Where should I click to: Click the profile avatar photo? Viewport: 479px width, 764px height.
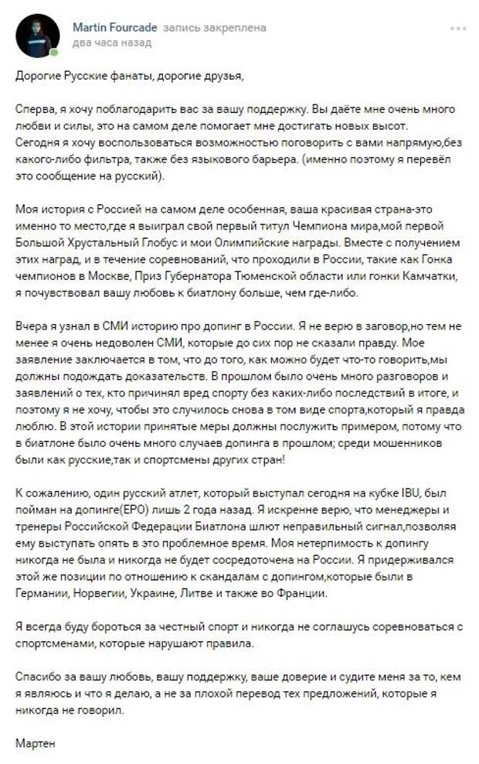coord(37,36)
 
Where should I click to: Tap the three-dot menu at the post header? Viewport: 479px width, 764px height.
coord(458,29)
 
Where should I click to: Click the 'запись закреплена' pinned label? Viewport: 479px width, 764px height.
coord(215,28)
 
